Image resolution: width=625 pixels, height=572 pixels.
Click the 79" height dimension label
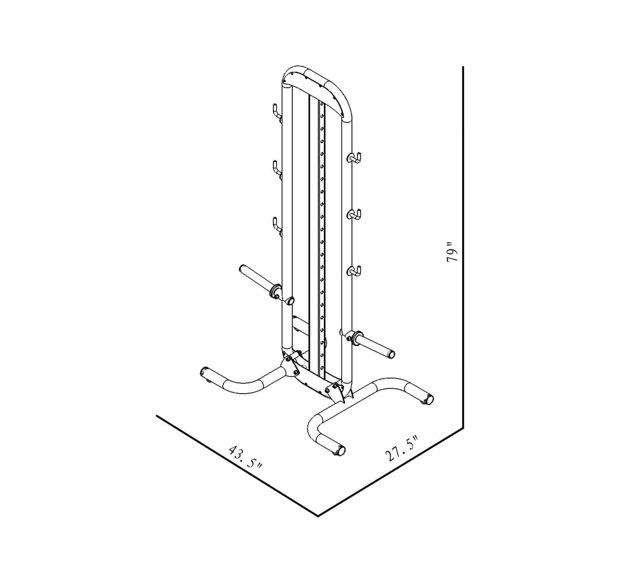pos(452,252)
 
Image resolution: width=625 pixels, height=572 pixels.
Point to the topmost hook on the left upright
pos(276,112)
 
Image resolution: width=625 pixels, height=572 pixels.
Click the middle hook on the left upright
pos(276,168)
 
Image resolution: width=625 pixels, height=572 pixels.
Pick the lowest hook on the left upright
pos(276,224)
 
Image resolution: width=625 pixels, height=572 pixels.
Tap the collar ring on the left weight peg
pos(275,290)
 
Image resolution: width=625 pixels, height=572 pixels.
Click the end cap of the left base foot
pos(204,372)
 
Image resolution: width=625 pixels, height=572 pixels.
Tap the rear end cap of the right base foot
pos(428,399)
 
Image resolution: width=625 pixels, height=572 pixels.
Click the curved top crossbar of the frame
pos(315,78)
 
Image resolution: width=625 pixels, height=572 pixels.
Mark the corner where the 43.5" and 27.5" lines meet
pos(318,516)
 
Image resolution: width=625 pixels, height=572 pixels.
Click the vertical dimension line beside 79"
pos(463,245)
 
